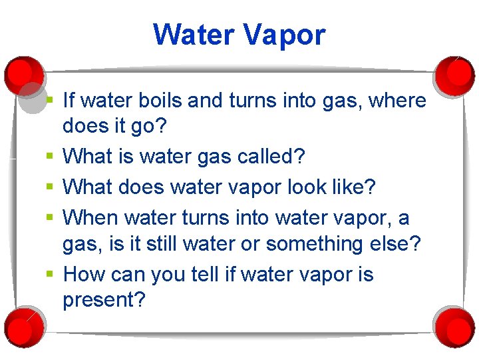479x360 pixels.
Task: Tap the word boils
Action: [x=159, y=101]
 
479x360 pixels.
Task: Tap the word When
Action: [x=89, y=218]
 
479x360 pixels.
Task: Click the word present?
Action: [x=104, y=300]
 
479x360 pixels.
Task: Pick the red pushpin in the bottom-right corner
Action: [x=454, y=326]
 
